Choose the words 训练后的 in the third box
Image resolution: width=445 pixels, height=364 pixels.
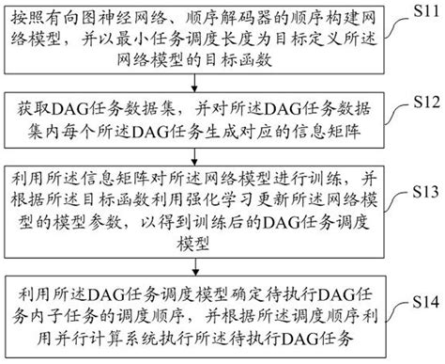(213, 227)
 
